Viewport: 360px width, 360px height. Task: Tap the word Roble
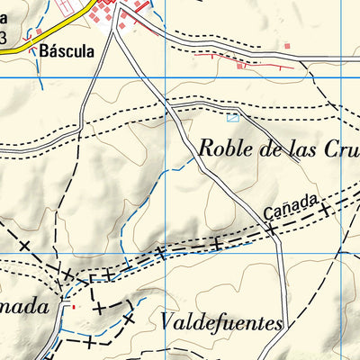[x=224, y=148]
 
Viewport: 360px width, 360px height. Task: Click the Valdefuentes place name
[x=222, y=322]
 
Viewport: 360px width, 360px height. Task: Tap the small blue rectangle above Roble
[x=233, y=117]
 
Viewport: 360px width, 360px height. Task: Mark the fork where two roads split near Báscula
[x=117, y=33]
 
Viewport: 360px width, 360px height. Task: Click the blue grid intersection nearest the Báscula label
[x=165, y=77]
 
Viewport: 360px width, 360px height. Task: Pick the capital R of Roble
[x=205, y=148]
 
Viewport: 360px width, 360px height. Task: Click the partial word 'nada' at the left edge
[x=22, y=306]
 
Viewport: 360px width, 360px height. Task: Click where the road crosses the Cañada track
[x=274, y=227]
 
